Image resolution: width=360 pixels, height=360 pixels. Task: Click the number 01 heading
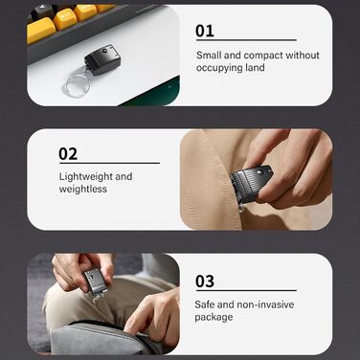205,32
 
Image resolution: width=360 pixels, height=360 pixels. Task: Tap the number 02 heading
68,154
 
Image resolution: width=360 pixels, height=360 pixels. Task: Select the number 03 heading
205,281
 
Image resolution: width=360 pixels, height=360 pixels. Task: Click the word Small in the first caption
209,56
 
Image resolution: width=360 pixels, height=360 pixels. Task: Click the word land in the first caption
255,68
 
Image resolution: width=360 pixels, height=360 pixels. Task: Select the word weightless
83,189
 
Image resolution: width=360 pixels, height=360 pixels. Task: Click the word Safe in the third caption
205,304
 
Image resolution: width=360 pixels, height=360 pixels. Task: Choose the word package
214,318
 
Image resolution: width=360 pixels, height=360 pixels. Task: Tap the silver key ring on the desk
77,84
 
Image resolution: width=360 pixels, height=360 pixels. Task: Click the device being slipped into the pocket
251,184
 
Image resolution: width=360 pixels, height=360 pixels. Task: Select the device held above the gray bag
96,281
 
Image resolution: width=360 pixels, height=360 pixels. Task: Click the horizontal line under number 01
246,40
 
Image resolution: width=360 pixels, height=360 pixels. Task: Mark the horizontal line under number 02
109,163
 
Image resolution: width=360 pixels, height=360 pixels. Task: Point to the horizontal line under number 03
246,290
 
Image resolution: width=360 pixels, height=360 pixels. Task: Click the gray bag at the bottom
105,338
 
